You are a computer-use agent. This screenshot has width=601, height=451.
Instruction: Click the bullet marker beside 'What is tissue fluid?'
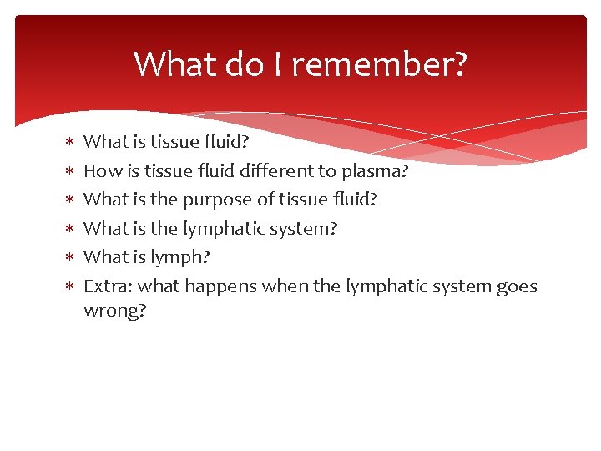[x=71, y=143]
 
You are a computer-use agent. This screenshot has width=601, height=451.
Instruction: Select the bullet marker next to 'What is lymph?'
[x=71, y=258]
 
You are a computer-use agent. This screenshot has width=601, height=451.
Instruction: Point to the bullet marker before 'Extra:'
[x=71, y=287]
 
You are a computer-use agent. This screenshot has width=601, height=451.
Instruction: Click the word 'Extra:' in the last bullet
[x=109, y=286]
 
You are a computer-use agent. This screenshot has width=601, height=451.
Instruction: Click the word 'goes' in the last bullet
[x=518, y=287]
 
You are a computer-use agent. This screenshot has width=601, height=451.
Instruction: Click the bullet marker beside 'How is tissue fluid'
[x=71, y=172]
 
